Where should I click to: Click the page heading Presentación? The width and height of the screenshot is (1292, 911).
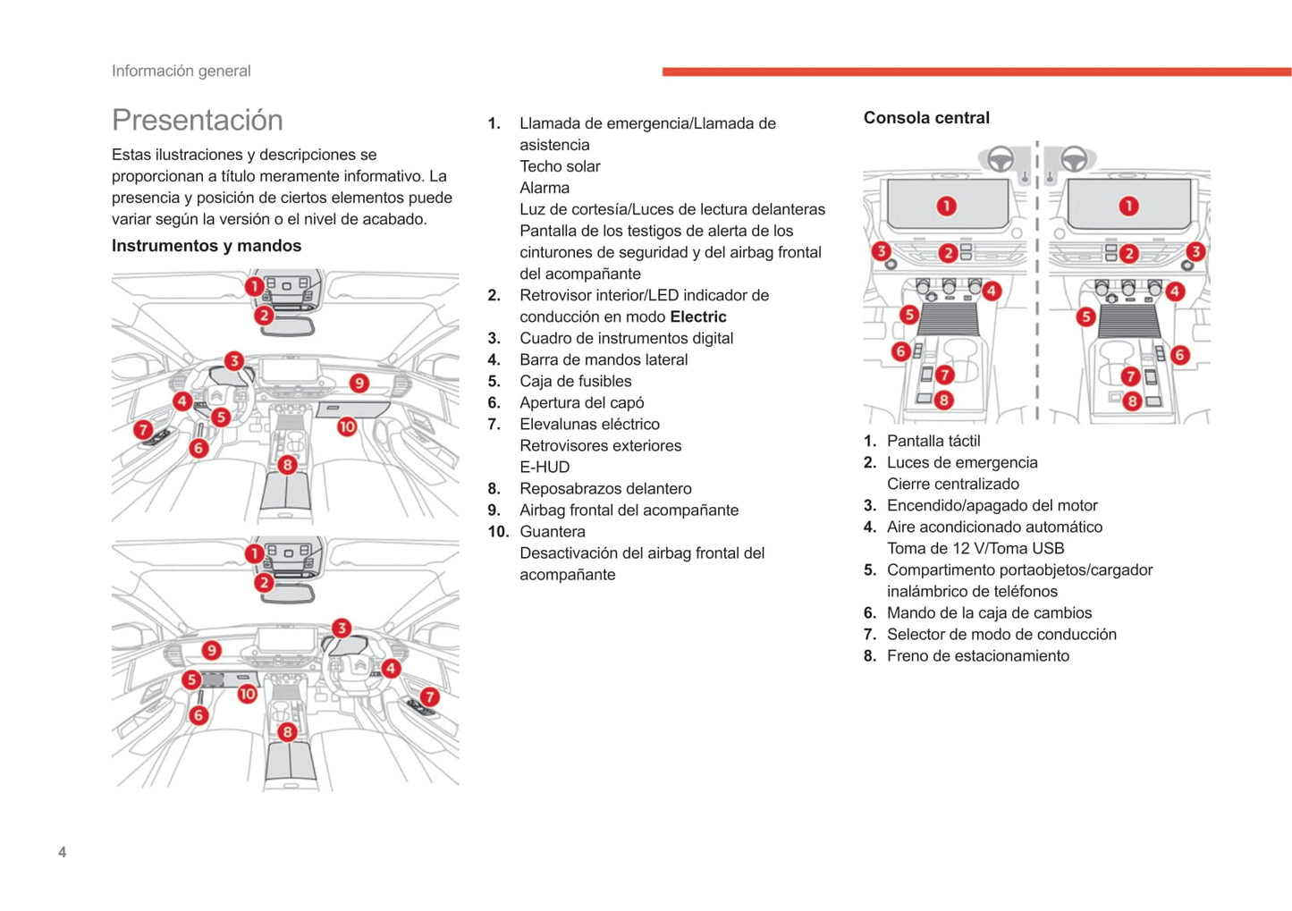pyautogui.click(x=197, y=120)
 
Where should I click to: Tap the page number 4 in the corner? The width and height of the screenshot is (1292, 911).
pyautogui.click(x=62, y=852)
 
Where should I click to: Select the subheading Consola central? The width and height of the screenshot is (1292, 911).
pyautogui.click(x=926, y=118)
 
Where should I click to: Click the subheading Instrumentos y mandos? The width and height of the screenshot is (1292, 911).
pyautogui.click(x=207, y=246)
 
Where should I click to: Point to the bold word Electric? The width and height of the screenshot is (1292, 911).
pyautogui.click(x=697, y=316)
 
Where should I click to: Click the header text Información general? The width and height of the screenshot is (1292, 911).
pyautogui.click(x=181, y=71)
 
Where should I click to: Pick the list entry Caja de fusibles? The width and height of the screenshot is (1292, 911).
pyautogui.click(x=575, y=381)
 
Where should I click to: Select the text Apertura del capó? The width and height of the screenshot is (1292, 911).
pyautogui.click(x=581, y=402)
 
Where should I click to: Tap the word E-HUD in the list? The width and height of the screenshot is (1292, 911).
pyautogui.click(x=545, y=467)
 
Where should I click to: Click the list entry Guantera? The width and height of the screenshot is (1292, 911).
pyautogui.click(x=552, y=531)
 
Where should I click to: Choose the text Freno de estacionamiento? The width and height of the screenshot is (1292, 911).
pyautogui.click(x=977, y=655)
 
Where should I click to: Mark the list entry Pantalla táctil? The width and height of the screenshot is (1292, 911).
pyautogui.click(x=933, y=441)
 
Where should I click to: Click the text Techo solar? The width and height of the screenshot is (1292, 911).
pyautogui.click(x=560, y=166)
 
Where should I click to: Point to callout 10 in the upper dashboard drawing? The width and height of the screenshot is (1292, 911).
pyautogui.click(x=347, y=426)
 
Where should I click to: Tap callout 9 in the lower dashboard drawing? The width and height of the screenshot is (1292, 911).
pyautogui.click(x=211, y=650)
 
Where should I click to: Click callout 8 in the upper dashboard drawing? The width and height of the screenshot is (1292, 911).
pyautogui.click(x=287, y=464)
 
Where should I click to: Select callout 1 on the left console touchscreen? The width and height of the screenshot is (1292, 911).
pyautogui.click(x=946, y=207)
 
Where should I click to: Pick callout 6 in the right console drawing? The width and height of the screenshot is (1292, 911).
pyautogui.click(x=1179, y=355)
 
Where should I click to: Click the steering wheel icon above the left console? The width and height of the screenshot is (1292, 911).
pyautogui.click(x=1000, y=159)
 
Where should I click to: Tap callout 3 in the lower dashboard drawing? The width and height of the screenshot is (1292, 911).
pyautogui.click(x=341, y=628)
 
